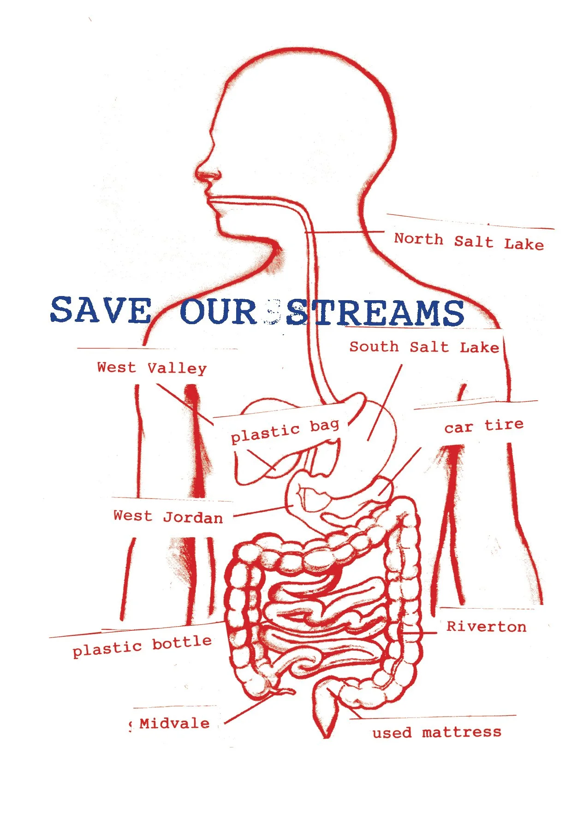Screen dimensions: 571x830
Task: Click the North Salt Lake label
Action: pos(469,241)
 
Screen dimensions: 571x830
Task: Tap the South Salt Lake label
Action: pos(424,347)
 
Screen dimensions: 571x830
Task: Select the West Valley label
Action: pos(152,368)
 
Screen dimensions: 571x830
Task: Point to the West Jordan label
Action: pos(168,516)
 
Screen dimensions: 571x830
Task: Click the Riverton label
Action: pos(486,627)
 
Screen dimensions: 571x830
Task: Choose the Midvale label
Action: pos(174,723)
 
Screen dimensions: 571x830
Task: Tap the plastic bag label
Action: pos(285,431)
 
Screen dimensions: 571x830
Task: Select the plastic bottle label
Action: pos(142,646)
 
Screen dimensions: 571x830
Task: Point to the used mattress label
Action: pos(436,732)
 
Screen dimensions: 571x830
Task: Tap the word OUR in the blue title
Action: pos(218,312)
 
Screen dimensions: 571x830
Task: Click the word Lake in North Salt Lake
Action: pos(523,244)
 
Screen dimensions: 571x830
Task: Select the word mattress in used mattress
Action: pos(461,732)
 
